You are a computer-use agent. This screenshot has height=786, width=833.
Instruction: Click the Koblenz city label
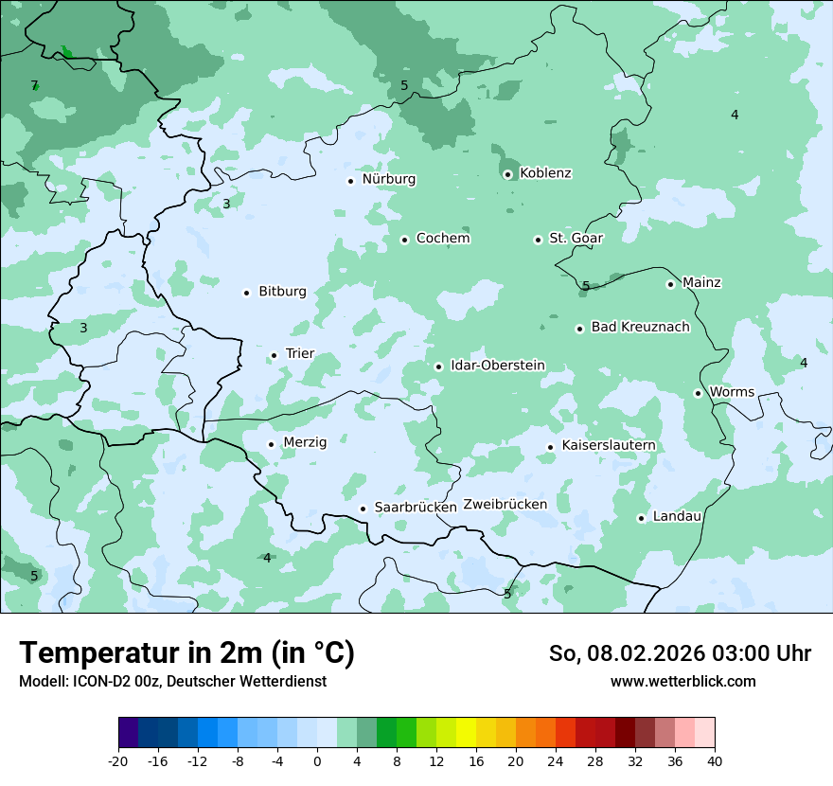point(545,173)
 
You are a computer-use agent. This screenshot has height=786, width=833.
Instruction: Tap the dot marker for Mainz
point(670,284)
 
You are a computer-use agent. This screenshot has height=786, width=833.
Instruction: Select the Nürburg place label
point(388,179)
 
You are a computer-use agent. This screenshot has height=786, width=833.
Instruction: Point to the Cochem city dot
point(404,240)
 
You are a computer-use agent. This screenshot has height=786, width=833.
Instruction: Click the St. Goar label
point(576,239)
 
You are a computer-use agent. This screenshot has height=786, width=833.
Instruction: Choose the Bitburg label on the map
point(282,292)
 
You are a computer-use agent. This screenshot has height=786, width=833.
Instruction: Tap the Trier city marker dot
point(274,356)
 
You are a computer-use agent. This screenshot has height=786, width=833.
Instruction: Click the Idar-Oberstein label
point(497,366)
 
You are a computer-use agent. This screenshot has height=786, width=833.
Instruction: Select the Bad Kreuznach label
point(640,328)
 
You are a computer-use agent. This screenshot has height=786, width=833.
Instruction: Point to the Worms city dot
point(698,393)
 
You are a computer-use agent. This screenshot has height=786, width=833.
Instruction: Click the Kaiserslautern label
point(608,446)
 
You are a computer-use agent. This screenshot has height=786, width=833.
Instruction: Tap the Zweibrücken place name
point(505,505)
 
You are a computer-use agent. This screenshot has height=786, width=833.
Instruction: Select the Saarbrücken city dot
point(363,509)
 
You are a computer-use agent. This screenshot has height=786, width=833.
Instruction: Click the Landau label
point(677,517)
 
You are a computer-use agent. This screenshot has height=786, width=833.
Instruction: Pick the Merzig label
point(305,443)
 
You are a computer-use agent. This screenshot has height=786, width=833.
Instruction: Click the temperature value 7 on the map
point(34,86)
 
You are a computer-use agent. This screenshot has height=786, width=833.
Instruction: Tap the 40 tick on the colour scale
point(715,761)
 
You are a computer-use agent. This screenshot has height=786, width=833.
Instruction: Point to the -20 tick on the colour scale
point(118,761)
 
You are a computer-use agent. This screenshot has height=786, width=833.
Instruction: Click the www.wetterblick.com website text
point(682,682)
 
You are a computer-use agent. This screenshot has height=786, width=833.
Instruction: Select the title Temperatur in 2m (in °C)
point(186,653)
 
